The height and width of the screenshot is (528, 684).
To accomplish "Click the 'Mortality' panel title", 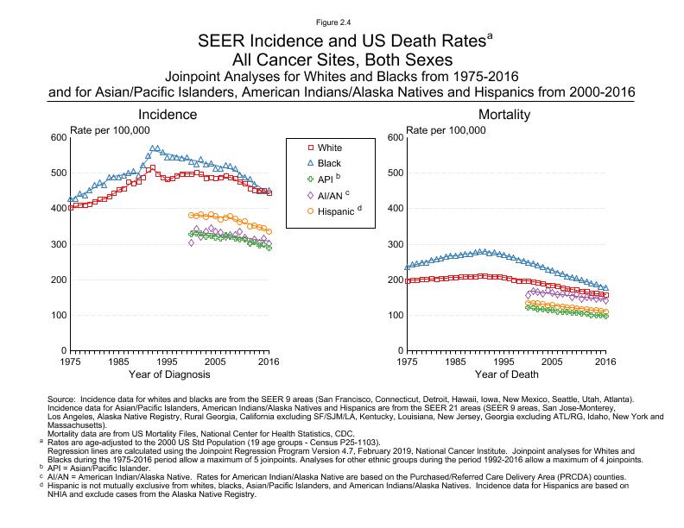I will (x=506, y=115).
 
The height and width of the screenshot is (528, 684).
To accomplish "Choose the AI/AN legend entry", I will (x=329, y=194).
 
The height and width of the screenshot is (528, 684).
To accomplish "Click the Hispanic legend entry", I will (x=333, y=210).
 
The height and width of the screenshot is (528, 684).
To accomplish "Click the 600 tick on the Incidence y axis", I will (x=57, y=138).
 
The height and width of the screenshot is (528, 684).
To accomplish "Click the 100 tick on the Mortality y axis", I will (x=394, y=316).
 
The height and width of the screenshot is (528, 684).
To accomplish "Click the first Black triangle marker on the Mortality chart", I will (x=407, y=267).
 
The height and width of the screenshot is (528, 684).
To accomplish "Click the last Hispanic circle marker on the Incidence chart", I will (x=269, y=231).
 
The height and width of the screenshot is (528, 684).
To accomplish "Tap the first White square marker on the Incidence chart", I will (x=70, y=208).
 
